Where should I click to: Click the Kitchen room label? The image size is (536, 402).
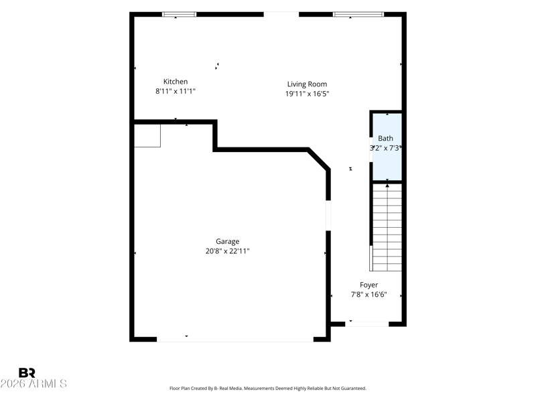coord(176,82)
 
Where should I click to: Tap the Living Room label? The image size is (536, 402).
coord(307,84)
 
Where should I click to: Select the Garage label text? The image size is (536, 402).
coord(227,242)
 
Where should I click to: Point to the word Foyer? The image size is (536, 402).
coord(369,285)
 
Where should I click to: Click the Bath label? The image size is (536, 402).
coord(385,139)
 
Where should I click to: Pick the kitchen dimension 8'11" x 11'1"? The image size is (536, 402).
coord(176,91)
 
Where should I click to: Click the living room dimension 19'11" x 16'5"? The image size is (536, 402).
coord(307,94)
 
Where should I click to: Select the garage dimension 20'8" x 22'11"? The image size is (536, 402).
coord(227,251)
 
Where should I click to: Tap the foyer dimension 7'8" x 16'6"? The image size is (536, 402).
coord(369,295)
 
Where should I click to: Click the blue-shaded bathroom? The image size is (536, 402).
coord(387,147)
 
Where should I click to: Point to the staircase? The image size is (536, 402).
coord(387,228)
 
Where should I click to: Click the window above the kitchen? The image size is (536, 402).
coord(179,14)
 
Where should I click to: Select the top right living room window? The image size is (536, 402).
coord(358,14)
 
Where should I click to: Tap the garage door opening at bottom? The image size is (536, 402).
coord(235,340)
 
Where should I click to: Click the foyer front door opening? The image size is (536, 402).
coord(366,324)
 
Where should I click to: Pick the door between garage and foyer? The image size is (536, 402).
coord(328,215)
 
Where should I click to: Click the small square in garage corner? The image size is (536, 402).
coord(147,136)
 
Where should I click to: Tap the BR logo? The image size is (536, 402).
coord(27,373)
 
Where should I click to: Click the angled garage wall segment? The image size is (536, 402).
coord(319,159)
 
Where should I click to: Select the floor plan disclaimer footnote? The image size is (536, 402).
coord(268,389)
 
